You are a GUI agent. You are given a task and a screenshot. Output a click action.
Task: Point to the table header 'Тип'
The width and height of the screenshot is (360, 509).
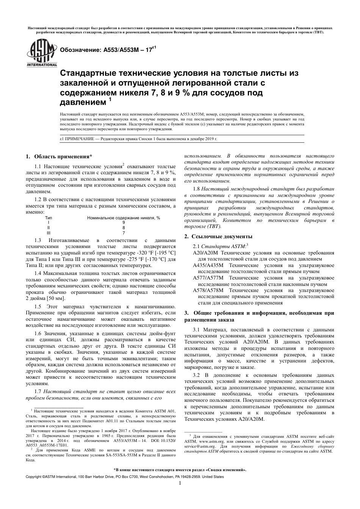(49, 218)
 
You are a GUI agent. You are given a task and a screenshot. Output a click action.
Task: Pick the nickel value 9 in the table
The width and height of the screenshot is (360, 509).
(124, 223)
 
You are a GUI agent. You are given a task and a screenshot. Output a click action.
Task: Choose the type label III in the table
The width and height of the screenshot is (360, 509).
(49, 233)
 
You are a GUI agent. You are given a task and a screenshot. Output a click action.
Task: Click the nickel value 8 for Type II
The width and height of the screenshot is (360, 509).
(124, 228)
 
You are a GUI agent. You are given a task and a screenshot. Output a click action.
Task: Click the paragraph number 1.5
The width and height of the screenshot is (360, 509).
(38, 306)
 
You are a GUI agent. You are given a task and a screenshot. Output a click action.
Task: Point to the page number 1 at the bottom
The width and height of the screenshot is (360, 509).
(180, 483)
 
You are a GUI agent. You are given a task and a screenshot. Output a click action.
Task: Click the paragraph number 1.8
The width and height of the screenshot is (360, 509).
(196, 188)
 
